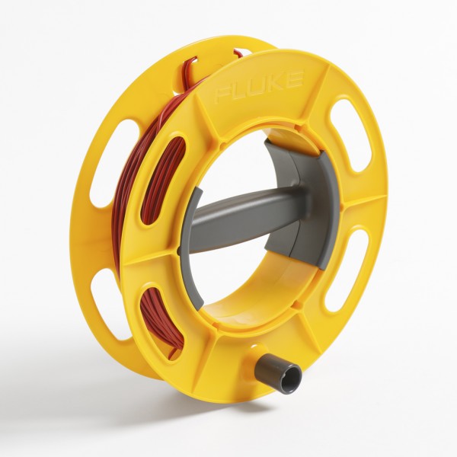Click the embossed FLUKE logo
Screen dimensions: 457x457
click(259, 85)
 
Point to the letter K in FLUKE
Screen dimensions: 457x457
click(276, 81)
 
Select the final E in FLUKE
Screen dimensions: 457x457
click(293, 78)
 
